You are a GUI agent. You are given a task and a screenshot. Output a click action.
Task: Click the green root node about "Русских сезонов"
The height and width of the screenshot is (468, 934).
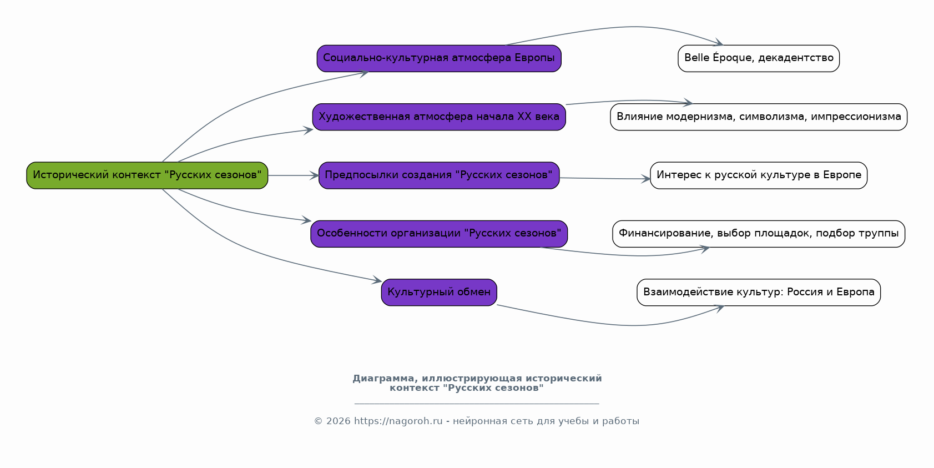[147, 175]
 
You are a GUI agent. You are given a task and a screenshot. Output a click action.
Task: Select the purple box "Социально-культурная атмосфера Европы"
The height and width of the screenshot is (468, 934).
[439, 58]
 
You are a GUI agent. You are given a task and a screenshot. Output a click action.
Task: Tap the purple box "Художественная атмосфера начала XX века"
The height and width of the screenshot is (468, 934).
[439, 117]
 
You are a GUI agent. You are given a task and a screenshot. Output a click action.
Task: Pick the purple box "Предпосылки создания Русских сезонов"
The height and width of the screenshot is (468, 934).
[439, 175]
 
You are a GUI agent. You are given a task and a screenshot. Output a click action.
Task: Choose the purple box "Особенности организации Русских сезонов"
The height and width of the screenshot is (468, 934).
[439, 234]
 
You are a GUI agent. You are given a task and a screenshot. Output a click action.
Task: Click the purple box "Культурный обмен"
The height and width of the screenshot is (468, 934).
[439, 292]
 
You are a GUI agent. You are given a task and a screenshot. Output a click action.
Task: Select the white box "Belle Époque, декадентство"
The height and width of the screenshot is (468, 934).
[759, 58]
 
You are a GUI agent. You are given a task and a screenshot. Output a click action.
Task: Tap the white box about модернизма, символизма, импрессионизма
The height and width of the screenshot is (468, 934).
[759, 117]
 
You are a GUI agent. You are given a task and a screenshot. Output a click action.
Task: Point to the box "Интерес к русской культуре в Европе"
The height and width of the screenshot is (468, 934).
[759, 175]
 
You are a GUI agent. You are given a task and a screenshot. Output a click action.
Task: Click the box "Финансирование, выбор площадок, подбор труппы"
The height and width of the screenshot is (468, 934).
[759, 234]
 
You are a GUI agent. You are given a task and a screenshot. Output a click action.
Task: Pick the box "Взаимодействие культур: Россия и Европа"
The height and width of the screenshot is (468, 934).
[759, 292]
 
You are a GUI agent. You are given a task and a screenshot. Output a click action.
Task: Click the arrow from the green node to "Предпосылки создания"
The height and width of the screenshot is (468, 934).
[293, 175]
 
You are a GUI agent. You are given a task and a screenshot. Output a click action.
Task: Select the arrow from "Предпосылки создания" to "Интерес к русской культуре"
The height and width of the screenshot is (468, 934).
[605, 179]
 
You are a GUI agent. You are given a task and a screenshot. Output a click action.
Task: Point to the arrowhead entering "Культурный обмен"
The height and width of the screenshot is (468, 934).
[377, 280]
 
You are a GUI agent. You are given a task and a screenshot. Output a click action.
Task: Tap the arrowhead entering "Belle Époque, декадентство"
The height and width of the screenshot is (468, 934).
[719, 43]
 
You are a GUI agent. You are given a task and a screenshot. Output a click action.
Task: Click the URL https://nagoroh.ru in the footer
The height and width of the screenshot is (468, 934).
[398, 421]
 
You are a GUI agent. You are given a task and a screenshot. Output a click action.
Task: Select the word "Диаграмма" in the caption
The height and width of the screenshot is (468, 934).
[385, 378]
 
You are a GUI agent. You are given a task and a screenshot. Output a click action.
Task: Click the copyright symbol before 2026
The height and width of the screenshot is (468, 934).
[318, 421]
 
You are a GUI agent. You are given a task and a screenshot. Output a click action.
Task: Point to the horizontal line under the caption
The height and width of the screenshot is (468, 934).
[477, 404]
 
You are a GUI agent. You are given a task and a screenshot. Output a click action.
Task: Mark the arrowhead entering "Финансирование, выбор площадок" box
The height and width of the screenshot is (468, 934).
[705, 249]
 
